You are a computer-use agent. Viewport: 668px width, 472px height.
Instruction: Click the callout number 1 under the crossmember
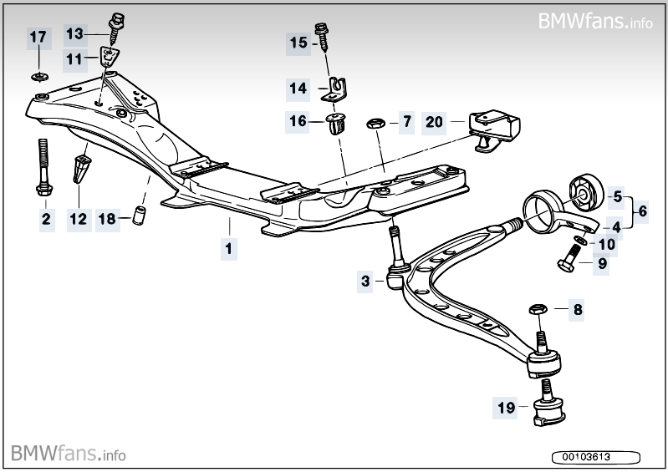[x=227, y=247]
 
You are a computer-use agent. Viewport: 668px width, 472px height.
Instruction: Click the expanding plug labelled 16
[x=337, y=124]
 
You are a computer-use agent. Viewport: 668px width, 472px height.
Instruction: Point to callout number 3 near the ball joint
[x=366, y=282]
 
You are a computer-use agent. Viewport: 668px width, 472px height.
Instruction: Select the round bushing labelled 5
[x=585, y=192]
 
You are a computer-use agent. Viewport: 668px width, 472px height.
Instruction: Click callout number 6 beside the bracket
[x=641, y=212]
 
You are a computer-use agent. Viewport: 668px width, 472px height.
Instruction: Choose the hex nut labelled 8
[x=537, y=311]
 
